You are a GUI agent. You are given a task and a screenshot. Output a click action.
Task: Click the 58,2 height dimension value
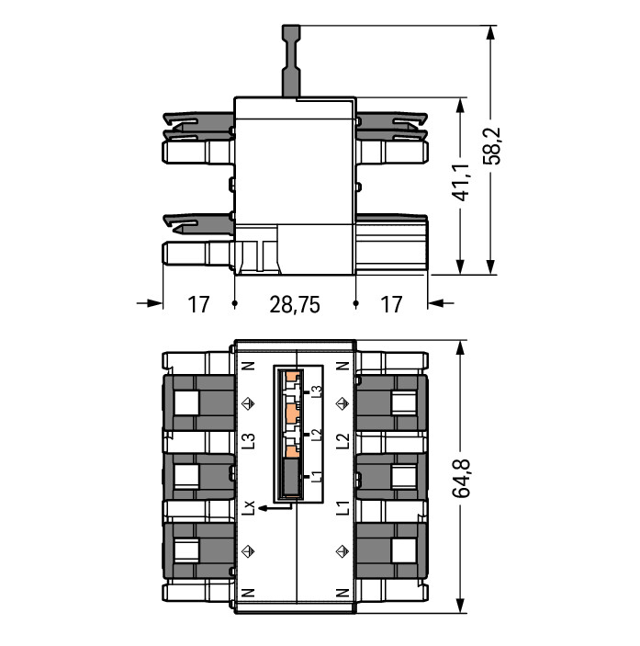click(492, 146)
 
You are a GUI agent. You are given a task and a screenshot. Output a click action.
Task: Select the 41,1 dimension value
click(462, 182)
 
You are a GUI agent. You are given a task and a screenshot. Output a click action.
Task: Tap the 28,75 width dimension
click(295, 305)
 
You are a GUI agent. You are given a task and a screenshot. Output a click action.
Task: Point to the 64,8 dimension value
click(462, 478)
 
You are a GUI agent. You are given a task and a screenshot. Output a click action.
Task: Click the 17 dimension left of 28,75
click(198, 305)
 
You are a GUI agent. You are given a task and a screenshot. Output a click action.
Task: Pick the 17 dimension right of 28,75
click(391, 305)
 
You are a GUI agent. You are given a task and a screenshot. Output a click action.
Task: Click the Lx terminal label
click(248, 508)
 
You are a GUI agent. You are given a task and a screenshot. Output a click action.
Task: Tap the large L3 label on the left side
click(248, 441)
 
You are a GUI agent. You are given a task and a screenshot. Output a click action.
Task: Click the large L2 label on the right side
click(342, 441)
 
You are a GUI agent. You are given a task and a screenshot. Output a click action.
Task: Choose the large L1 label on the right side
click(342, 507)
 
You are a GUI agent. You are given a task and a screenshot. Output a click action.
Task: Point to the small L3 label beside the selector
click(316, 391)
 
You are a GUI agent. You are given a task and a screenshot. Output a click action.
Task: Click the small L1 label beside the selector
click(316, 477)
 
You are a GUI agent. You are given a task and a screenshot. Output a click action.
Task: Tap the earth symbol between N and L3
click(248, 403)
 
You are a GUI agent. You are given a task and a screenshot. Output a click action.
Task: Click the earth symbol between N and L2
click(342, 403)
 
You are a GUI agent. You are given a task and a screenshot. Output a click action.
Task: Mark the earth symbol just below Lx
click(248, 550)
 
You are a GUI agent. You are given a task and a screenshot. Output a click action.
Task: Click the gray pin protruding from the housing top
click(291, 61)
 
